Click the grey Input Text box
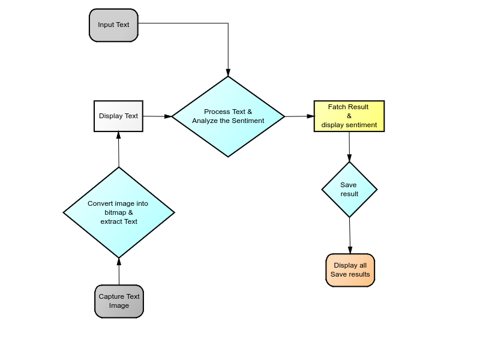113,25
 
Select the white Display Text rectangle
118,116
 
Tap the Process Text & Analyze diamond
228,116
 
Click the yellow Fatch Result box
349,116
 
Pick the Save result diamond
349,190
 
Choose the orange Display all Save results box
350,271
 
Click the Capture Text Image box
119,302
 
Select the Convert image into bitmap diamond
119,212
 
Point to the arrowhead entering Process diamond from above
228,73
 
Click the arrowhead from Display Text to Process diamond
168,116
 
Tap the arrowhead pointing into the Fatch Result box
310,116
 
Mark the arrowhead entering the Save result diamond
349,158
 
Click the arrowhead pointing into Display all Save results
350,250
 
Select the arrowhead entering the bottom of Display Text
118,136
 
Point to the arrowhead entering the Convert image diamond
119,262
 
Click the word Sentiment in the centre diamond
248,121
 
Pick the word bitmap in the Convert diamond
115,212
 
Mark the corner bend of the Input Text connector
228,23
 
